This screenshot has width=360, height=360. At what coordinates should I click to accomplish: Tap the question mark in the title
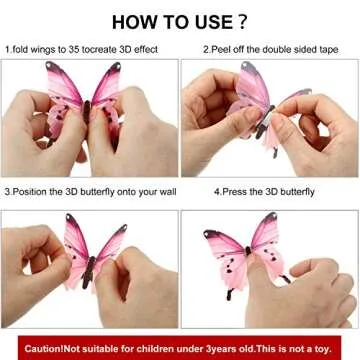point(245,20)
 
